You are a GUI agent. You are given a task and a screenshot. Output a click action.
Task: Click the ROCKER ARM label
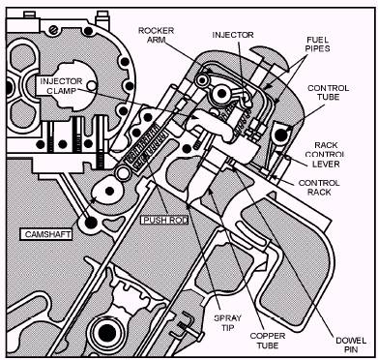(x=156, y=36)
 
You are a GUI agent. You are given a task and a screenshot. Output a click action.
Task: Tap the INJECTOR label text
(x=233, y=35)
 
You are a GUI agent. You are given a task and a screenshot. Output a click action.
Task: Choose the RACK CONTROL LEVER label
(x=326, y=154)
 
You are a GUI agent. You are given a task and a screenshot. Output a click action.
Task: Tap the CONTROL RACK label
(x=319, y=188)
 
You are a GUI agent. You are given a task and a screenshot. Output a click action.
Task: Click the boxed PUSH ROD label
(x=164, y=220)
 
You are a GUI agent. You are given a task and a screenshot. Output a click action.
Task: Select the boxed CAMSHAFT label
(x=46, y=234)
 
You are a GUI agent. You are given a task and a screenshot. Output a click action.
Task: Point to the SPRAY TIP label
(x=228, y=322)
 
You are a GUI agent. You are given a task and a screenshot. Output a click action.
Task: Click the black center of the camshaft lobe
(x=109, y=191)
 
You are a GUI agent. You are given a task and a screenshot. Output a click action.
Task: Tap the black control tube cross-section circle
(x=281, y=135)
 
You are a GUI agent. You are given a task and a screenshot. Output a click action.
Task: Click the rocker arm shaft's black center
(x=221, y=93)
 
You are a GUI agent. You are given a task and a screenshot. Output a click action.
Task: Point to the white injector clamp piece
(x=210, y=124)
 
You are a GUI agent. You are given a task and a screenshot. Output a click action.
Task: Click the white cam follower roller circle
(x=123, y=173)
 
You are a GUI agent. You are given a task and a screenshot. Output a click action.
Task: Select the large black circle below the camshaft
(x=90, y=223)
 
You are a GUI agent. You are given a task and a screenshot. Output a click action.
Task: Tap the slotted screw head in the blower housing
(x=53, y=30)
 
